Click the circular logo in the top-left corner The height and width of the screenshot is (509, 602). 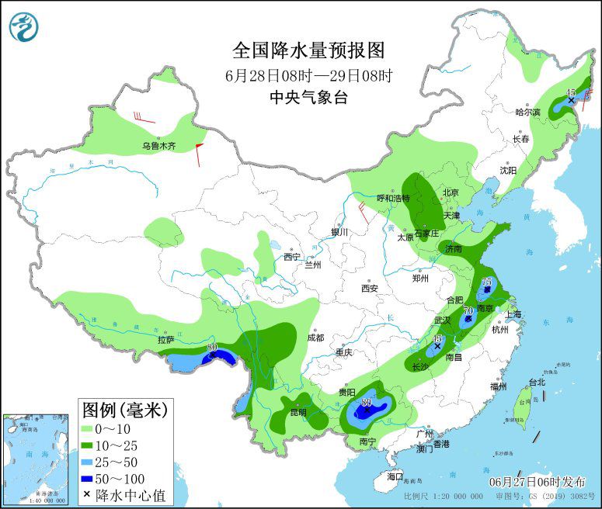coord(24,26)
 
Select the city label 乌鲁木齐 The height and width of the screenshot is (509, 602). coord(158,146)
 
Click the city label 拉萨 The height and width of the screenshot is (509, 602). coord(165,339)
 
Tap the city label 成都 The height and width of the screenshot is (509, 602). coord(315,338)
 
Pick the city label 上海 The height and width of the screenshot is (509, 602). coord(513,314)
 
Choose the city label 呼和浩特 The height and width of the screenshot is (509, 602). coord(392,198)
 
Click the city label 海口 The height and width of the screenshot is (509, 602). coord(396,476)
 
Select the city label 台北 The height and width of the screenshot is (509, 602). coord(537,382)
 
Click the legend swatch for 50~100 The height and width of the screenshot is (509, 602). coord(92,478)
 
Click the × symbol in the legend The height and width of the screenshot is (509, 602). coord(86,494)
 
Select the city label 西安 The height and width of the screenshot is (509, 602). coord(368,289)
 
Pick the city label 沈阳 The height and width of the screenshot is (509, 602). coord(507,170)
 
